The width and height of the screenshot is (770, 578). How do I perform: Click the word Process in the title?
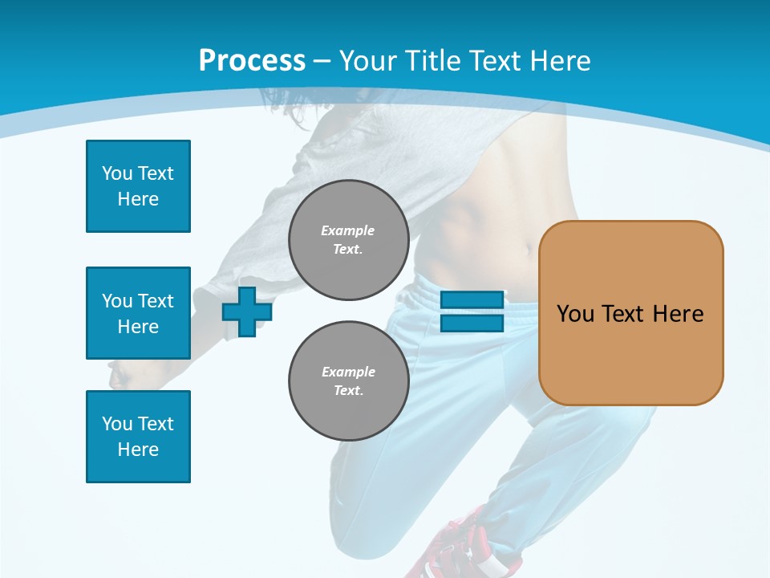(252, 61)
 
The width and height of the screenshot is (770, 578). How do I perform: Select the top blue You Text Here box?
(138, 186)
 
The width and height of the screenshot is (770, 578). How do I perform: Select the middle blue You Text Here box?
(138, 313)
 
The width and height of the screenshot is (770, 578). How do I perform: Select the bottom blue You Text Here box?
(138, 437)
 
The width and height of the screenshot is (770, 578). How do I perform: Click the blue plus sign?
(247, 311)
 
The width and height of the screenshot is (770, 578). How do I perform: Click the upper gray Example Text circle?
(348, 240)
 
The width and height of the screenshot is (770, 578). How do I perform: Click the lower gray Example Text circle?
(348, 381)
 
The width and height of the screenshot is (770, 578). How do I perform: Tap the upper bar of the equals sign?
(472, 300)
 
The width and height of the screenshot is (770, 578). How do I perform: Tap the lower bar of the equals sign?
(472, 323)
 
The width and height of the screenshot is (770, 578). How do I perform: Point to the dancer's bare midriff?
(481, 233)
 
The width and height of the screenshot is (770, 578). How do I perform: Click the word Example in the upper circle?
(348, 230)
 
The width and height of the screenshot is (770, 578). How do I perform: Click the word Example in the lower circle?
(348, 372)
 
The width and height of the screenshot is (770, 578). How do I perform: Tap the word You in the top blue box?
(116, 173)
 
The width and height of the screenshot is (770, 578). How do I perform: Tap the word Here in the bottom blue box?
(138, 450)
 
